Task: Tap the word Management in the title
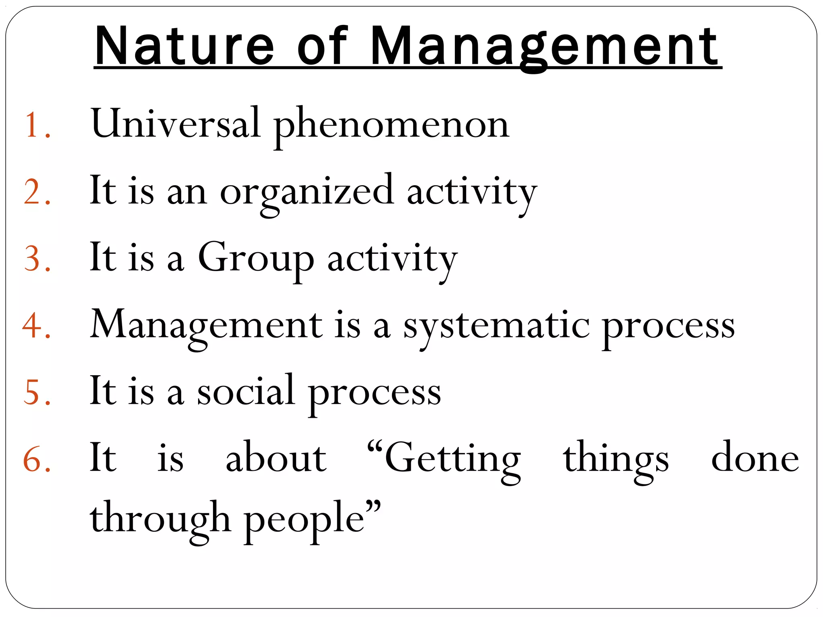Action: [545, 47]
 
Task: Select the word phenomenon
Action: [391, 126]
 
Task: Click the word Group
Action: [256, 259]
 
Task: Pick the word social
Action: [246, 391]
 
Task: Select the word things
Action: [616, 460]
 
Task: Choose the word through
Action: [160, 520]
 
